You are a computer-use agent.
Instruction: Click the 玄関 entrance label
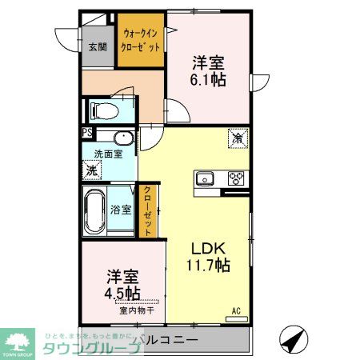coord(97,46)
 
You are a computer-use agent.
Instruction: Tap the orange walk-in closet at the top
coord(142,41)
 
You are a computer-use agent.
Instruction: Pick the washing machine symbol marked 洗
coord(92,170)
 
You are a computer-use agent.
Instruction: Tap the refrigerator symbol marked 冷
coord(238,137)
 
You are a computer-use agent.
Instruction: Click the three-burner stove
coord(236,178)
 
